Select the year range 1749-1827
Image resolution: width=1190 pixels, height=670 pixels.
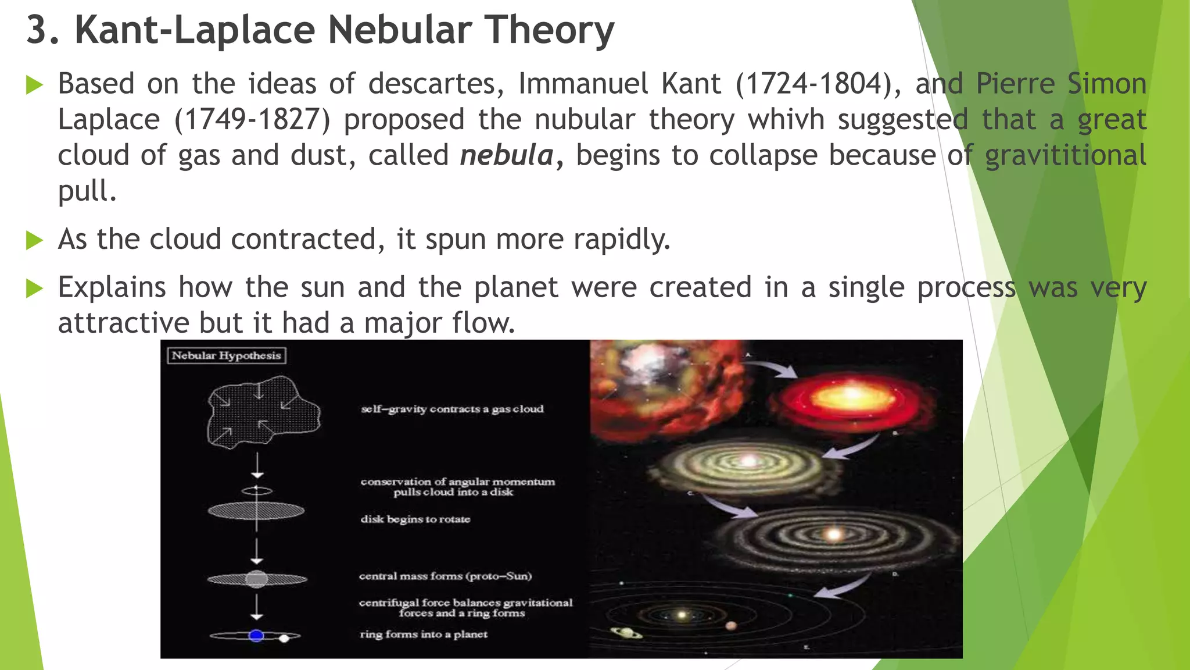253,120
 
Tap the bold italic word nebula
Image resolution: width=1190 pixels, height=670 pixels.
507,156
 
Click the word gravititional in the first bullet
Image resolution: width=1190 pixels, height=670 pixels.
1066,156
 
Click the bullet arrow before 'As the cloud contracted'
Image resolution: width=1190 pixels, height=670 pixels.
35,240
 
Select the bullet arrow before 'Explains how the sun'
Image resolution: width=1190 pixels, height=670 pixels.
35,288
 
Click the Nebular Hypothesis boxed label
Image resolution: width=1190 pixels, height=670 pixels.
226,355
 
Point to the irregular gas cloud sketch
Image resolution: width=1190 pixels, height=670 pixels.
263,412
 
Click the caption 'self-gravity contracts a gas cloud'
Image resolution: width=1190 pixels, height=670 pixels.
452,409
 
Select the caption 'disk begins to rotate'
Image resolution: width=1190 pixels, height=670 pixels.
415,519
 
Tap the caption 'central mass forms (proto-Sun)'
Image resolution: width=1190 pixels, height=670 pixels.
445,576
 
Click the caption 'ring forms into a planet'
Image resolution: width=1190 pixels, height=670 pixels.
424,634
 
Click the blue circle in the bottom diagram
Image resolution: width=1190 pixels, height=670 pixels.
256,636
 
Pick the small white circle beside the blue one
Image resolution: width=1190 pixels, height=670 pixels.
284,638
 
